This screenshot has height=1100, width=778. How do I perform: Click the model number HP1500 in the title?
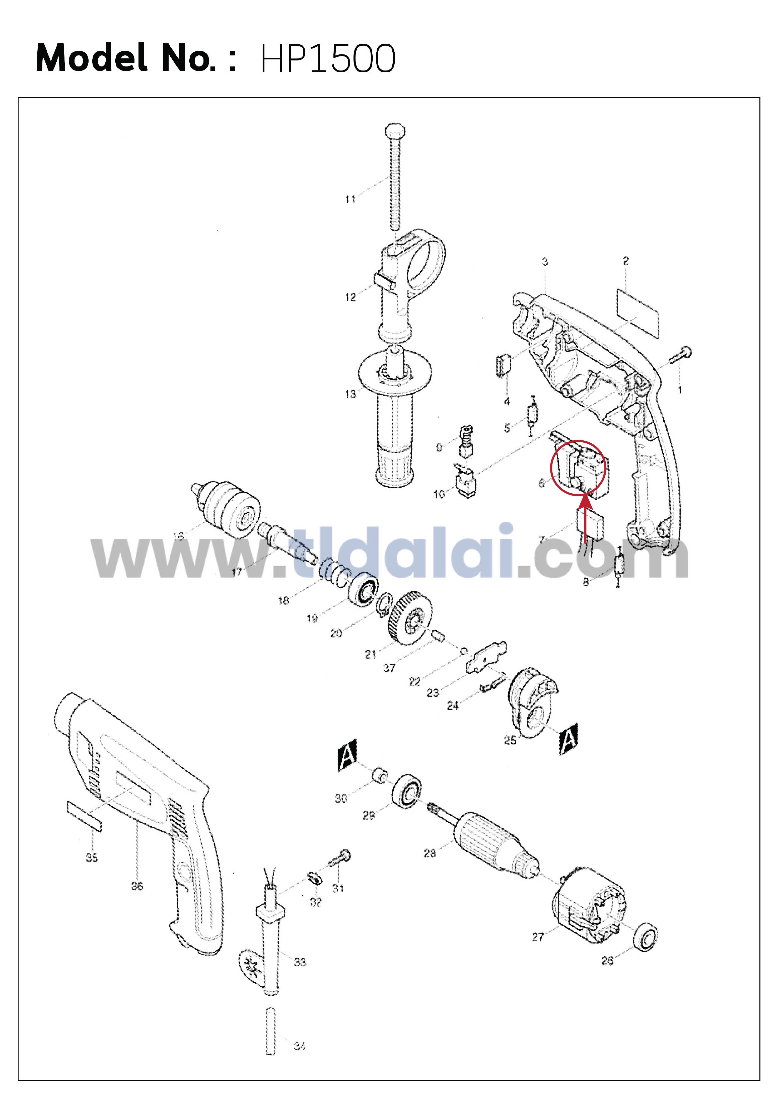[x=328, y=58]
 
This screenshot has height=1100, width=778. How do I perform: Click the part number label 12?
[x=350, y=297]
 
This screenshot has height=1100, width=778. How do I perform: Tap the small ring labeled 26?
[x=646, y=934]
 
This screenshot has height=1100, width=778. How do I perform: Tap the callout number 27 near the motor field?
[x=538, y=937]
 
